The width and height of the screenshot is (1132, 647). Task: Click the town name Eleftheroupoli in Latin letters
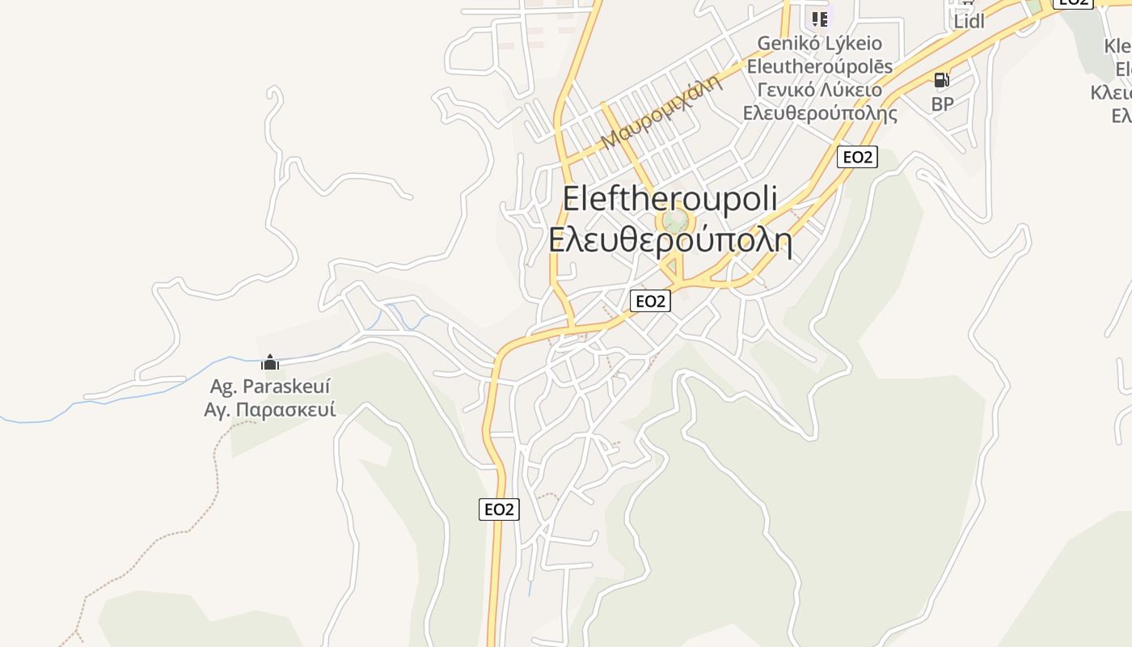tap(669, 199)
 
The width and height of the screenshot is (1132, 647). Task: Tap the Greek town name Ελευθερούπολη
tap(669, 240)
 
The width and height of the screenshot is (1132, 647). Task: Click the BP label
tap(942, 104)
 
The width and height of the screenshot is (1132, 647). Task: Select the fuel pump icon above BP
tap(941, 80)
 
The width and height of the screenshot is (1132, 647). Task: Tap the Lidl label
tap(969, 22)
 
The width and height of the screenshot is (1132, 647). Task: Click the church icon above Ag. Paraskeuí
tap(270, 362)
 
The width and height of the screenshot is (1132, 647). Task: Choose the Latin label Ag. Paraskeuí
tap(270, 386)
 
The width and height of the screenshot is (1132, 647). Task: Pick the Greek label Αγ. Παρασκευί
tap(270, 409)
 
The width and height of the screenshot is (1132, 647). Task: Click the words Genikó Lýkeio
tap(819, 43)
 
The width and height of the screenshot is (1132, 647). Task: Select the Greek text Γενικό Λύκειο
tap(819, 89)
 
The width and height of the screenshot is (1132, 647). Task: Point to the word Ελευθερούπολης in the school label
tap(819, 112)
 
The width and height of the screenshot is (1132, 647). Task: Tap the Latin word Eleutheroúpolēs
tap(819, 66)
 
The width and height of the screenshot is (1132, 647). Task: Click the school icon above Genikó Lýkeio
tap(819, 18)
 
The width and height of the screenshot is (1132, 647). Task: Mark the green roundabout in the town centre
tap(675, 221)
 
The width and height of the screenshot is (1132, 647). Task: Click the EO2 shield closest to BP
tap(857, 157)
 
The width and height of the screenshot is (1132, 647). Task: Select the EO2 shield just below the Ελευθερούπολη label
tap(650, 301)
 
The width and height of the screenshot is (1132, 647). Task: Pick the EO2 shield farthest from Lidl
tap(499, 510)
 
